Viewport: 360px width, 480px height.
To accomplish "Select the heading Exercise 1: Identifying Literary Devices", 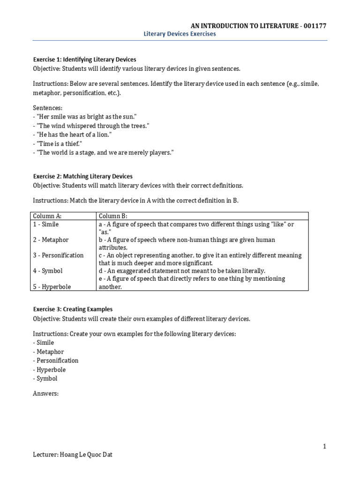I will click(x=84, y=60).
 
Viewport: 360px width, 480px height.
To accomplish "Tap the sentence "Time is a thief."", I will click(x=57, y=144).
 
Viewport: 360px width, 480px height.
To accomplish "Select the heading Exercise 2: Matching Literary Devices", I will click(x=82, y=177).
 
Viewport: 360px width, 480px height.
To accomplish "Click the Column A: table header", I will click(x=47, y=216).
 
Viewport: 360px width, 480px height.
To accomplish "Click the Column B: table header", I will click(x=113, y=216).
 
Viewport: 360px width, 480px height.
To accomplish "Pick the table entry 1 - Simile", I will click(x=45, y=225).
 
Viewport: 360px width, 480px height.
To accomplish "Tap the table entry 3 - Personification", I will click(x=58, y=255).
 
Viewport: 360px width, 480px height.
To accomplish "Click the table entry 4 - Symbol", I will click(x=47, y=271).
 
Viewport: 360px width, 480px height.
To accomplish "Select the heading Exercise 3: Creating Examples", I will click(x=73, y=309).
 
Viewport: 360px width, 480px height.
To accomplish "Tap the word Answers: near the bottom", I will click(x=45, y=394).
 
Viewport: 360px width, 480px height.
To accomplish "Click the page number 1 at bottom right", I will click(x=324, y=447).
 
